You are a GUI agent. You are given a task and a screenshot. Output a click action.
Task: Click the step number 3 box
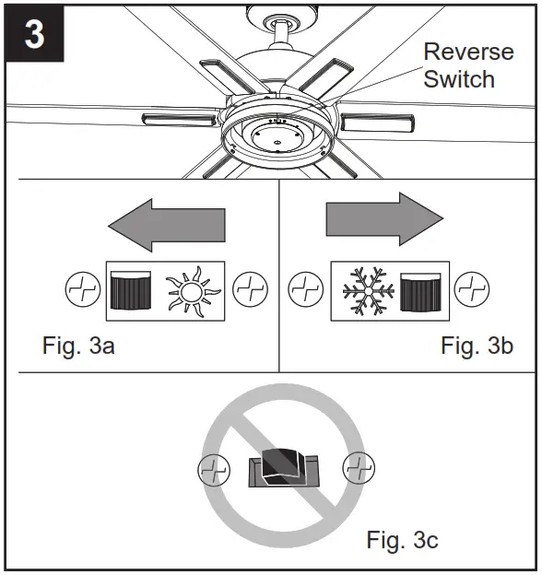[x=34, y=36]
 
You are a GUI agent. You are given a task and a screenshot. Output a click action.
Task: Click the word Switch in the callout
[x=458, y=79]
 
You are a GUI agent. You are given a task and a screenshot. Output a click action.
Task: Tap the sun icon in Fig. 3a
[x=193, y=290]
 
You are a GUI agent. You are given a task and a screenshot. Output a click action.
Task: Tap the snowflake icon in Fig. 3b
[x=364, y=290]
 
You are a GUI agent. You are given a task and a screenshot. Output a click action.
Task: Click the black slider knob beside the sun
[x=130, y=290]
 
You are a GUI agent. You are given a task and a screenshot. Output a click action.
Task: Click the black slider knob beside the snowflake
[x=420, y=290]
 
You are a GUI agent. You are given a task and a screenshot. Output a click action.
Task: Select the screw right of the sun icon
[x=249, y=290]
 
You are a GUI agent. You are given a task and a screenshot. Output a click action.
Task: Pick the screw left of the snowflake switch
[x=304, y=290]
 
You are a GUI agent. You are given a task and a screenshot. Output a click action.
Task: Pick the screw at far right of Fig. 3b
[x=473, y=290]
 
